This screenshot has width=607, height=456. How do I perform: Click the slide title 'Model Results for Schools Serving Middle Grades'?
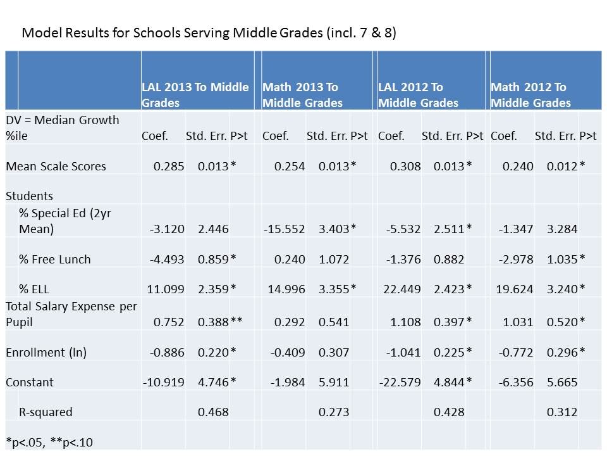coord(209,33)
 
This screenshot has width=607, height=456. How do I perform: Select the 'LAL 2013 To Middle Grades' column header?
coord(195,95)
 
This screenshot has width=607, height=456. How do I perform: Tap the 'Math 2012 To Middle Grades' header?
coord(530,95)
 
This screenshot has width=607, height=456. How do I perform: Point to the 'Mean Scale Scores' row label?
coord(56,166)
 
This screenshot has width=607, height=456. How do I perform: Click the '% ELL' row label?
coord(34,289)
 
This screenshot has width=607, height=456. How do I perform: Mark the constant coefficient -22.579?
coord(400,382)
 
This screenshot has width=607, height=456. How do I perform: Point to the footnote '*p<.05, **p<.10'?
coord(49,442)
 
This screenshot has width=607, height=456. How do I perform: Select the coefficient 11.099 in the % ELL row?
coord(166,289)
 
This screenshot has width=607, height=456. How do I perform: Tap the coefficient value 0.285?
coord(169,166)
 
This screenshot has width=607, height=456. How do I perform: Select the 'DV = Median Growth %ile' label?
coord(62,127)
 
